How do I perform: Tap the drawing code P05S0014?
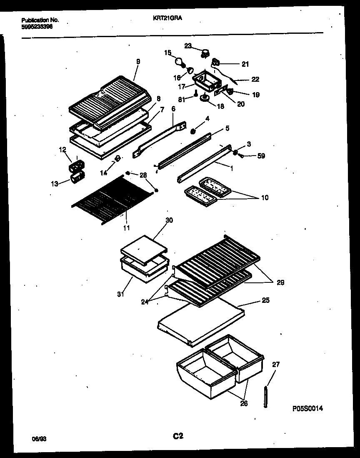[x=307, y=409]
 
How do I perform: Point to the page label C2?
[x=178, y=436]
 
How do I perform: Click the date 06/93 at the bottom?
[x=38, y=439]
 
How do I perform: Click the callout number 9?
[x=138, y=61]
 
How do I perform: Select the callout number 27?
[x=276, y=365]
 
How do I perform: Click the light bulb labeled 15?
[x=180, y=63]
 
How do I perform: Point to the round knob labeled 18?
[x=205, y=98]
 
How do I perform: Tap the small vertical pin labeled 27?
[x=265, y=396]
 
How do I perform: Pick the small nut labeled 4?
[x=193, y=132]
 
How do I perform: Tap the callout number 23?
[x=188, y=46]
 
